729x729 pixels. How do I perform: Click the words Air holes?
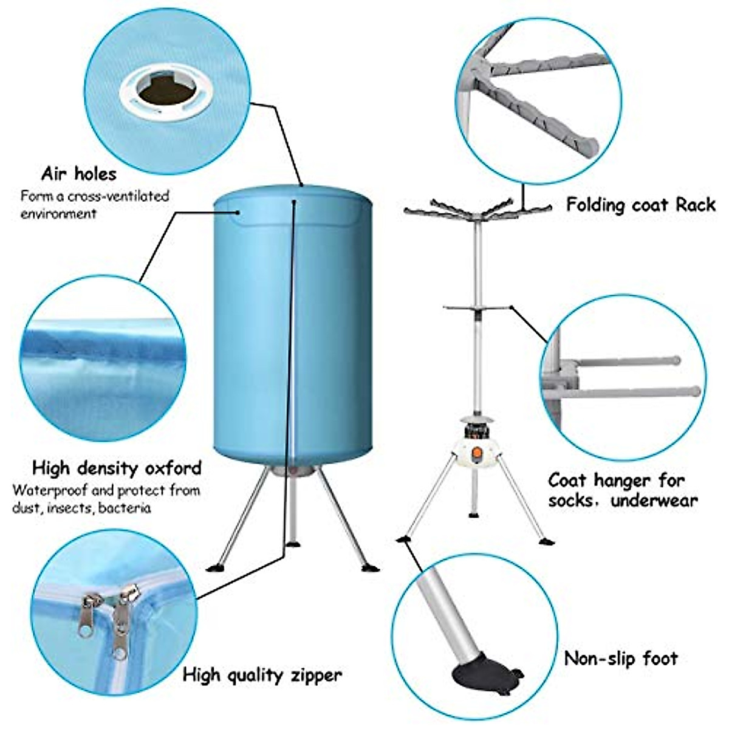(78, 174)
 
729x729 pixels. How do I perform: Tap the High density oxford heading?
(117, 468)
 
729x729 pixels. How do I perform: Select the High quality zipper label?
(262, 674)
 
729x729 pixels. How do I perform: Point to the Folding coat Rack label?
(641, 204)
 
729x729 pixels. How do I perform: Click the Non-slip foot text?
(621, 658)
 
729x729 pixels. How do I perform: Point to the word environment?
(58, 214)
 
